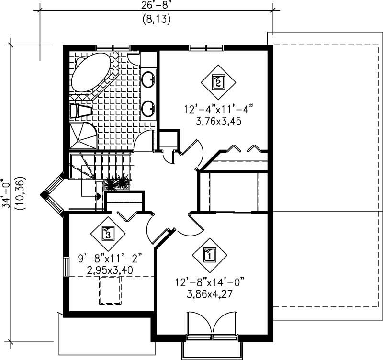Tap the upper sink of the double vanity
[149, 79]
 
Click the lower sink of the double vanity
[149, 108]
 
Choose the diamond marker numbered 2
[218, 81]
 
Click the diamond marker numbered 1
[209, 254]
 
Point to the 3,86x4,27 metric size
[209, 294]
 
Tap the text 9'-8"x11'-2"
[110, 259]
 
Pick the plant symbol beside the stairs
[117, 183]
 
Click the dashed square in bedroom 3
[110, 290]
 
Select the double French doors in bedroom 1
[212, 328]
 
